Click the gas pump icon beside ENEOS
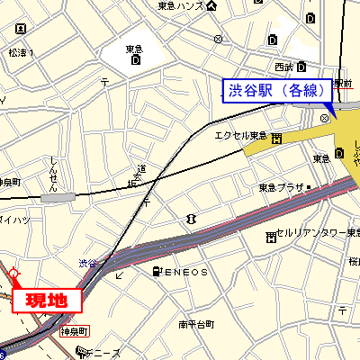[158, 271]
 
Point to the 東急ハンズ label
[179, 6]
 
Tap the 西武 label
[284, 67]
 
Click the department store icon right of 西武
[303, 67]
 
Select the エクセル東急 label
[239, 136]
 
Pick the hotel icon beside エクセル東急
[276, 137]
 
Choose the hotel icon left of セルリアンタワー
[271, 236]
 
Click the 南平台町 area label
[195, 324]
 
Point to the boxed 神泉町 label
[73, 331]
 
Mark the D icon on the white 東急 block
[135, 60]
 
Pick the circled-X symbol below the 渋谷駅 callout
[324, 118]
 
